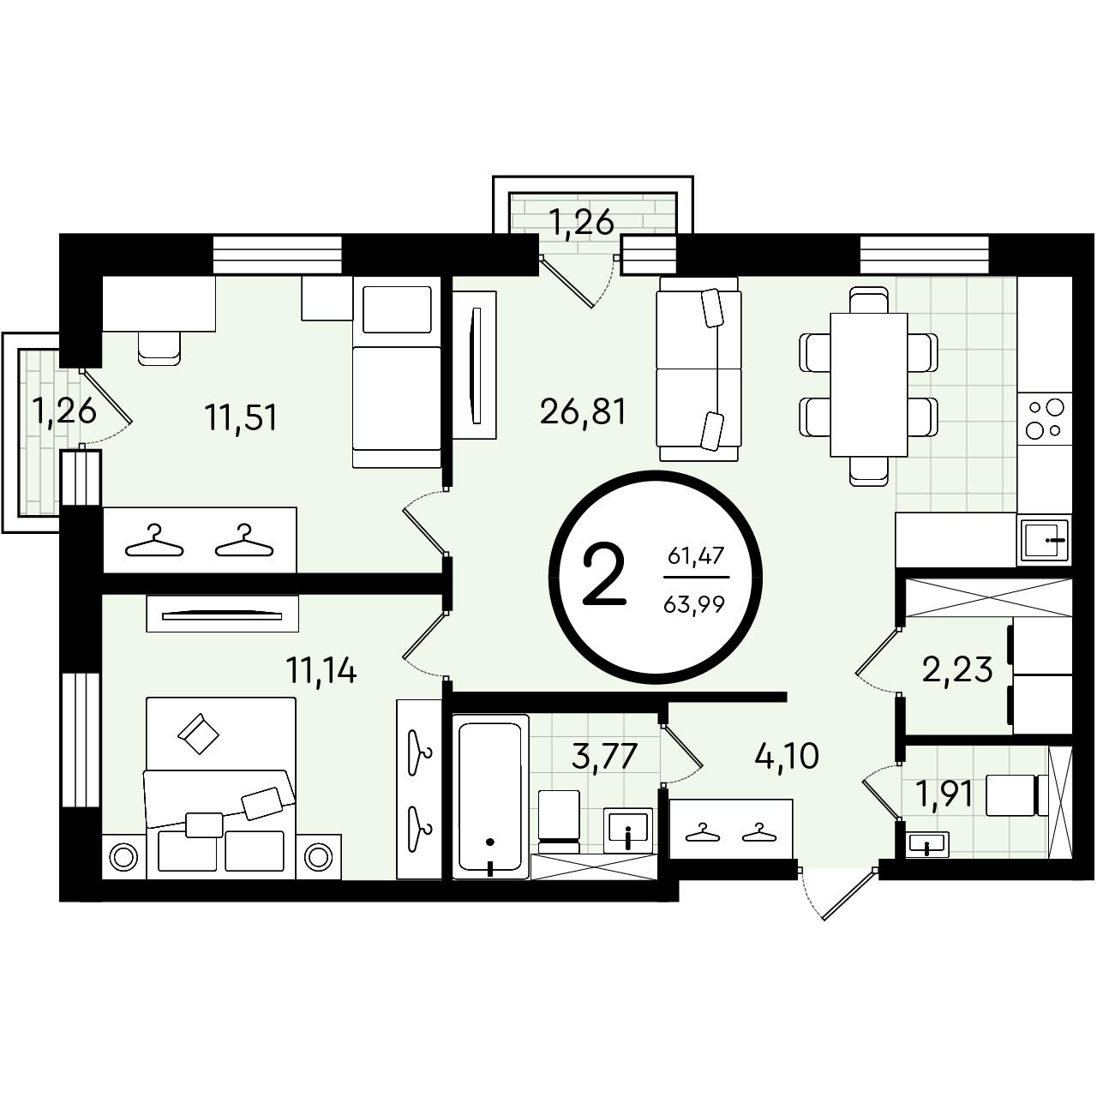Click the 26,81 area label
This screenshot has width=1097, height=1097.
point(583,411)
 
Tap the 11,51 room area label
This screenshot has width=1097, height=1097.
point(242,417)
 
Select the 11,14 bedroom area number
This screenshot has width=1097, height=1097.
point(321,669)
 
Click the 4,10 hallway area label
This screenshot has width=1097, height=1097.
point(786,754)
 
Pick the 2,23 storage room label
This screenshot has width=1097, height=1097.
point(958,668)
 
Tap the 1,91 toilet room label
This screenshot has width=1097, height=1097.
point(944,794)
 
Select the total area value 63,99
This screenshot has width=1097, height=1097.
point(694,604)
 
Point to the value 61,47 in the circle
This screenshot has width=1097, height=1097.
point(695,554)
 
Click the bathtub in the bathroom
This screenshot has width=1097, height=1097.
point(489,797)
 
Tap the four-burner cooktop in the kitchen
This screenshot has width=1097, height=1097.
point(1044,418)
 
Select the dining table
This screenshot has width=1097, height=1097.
point(868,384)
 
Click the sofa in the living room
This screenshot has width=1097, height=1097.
point(698,369)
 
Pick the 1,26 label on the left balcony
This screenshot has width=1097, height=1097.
point(63,411)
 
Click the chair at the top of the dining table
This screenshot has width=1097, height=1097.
point(869,299)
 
